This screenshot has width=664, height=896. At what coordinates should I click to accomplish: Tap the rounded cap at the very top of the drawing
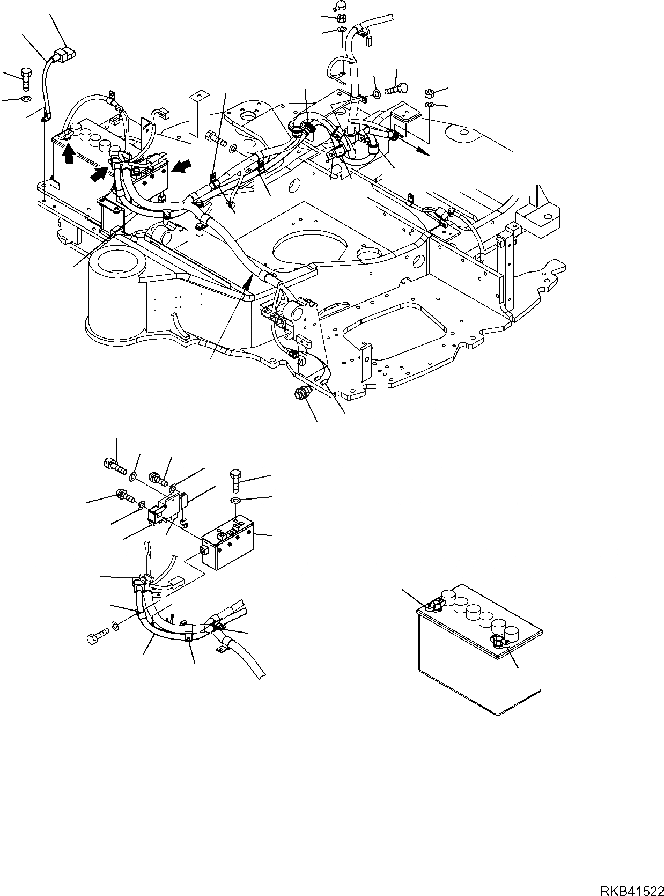(339, 6)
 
